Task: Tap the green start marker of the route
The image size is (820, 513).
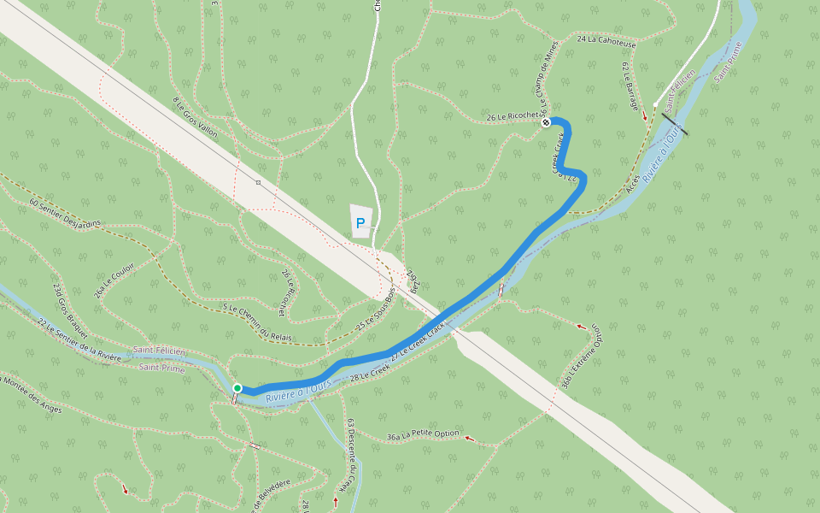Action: [237, 388]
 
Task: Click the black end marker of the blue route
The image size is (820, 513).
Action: [546, 122]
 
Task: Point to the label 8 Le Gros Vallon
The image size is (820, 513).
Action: [196, 117]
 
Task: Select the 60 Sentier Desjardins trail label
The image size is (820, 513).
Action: [65, 213]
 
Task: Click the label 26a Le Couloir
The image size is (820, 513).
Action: [114, 280]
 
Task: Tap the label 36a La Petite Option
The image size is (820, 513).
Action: [423, 435]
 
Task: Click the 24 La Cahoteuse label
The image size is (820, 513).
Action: [606, 39]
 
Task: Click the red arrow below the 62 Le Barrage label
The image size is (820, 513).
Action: [645, 115]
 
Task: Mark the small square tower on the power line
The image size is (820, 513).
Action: [258, 182]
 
